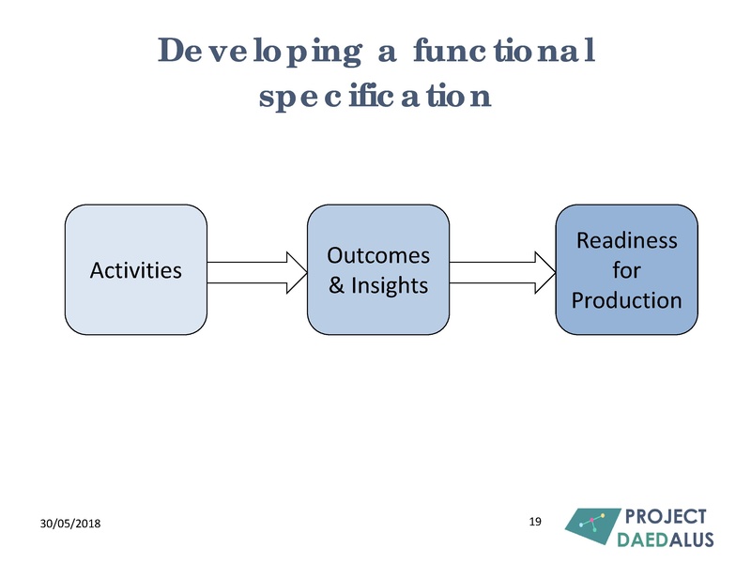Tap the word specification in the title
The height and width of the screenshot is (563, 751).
pos(375,96)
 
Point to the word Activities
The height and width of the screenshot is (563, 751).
pos(135,270)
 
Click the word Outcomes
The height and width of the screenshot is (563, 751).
pos(378,255)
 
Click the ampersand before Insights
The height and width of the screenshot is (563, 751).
pos(337,284)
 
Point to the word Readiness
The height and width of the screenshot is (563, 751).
pos(626,240)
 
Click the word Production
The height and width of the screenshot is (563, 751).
pos(626,300)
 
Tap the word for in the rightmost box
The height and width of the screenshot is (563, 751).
pos(626,270)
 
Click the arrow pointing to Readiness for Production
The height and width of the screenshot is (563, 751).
pos(502,270)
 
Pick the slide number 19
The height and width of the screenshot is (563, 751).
pos(536,521)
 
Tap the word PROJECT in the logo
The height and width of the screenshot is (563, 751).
pos(666,517)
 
